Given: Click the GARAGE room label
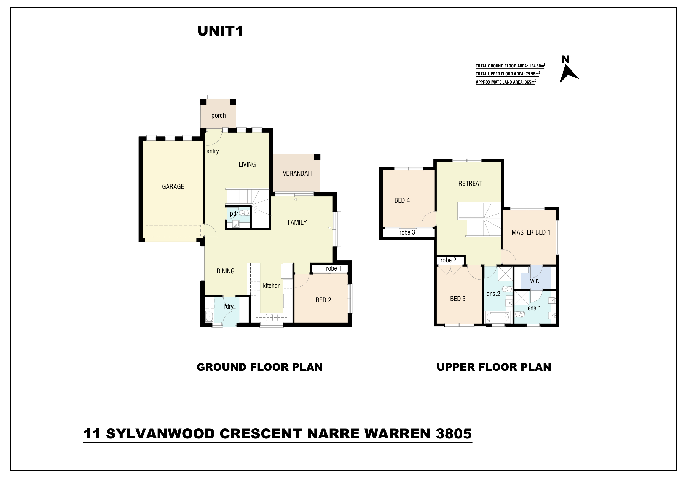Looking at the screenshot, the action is point(173,187).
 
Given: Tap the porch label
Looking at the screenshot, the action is point(218,115).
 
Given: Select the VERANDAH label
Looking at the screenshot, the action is point(297,173).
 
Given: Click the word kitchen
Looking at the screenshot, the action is point(272,286).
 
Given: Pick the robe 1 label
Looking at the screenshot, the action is point(334,268).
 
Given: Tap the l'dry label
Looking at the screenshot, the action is point(229,306).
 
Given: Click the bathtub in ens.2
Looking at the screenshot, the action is point(498,317).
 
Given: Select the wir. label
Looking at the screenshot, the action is point(535,280).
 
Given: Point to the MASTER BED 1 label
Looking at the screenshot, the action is point(531,232).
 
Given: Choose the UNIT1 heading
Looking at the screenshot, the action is point(220,31).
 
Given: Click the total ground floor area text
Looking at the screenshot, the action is point(510,66).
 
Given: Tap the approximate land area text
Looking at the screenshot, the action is point(506,82).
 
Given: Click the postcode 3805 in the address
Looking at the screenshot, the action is point(454,434).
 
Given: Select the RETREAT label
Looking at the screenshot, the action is point(470,184).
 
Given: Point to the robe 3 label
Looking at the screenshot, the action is point(407,232).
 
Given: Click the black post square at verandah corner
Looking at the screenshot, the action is point(317,157).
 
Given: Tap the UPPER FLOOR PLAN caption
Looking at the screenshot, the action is point(494,367).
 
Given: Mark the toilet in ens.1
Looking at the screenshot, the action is point(520,314).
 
